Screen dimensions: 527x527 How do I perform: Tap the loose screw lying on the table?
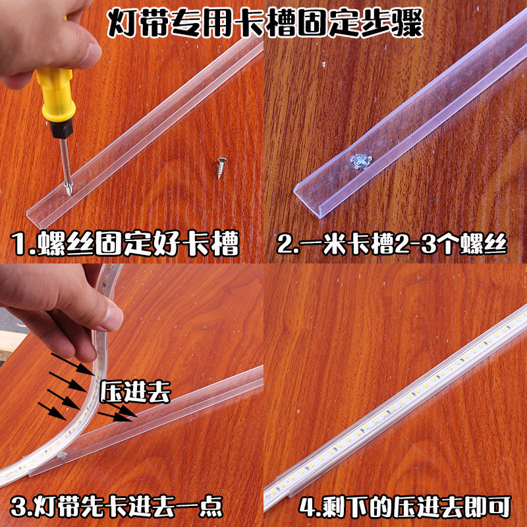[221, 167]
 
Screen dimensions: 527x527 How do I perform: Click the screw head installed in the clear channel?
[361, 161]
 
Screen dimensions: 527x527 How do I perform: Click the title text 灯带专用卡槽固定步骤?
[265, 23]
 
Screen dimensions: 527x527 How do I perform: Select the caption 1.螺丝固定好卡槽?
[125, 242]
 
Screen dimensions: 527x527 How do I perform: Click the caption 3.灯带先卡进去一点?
[117, 505]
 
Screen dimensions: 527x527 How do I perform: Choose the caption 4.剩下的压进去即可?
[404, 506]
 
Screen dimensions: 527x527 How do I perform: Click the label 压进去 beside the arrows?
[135, 392]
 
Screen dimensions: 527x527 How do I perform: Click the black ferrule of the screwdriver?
[61, 128]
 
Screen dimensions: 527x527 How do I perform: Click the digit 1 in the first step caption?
[20, 243]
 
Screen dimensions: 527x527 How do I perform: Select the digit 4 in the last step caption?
[308, 507]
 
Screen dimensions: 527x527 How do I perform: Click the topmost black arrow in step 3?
[72, 364]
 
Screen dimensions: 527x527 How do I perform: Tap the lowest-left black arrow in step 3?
[53, 410]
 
